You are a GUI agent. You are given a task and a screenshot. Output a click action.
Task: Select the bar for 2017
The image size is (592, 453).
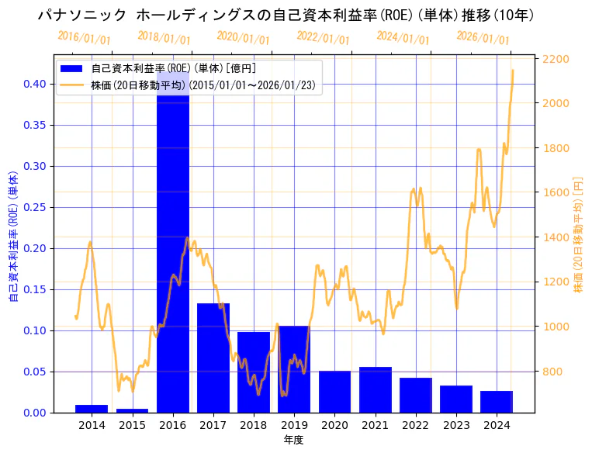coord(213,358)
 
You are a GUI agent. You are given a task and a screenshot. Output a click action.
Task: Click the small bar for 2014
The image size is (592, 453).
coord(92,408)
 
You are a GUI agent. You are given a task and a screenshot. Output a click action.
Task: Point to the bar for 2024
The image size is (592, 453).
coord(497,402)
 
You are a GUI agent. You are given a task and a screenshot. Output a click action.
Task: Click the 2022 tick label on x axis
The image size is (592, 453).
coord(415,425)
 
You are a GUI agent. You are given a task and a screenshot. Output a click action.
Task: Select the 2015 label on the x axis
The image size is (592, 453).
coord(132,425)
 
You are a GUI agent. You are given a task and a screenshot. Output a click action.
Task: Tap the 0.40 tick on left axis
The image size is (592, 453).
coord(35,84)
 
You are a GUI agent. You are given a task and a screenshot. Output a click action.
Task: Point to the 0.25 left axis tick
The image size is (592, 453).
coord(35,207)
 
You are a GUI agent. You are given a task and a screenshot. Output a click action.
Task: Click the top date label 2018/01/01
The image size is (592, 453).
coord(164,38)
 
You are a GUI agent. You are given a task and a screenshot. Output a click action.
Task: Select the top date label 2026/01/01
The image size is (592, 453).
coord(483,38)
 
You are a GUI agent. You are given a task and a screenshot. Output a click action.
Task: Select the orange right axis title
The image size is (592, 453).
coord(578,233)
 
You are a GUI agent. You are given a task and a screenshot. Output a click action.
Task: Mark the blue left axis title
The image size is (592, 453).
coord(13,233)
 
